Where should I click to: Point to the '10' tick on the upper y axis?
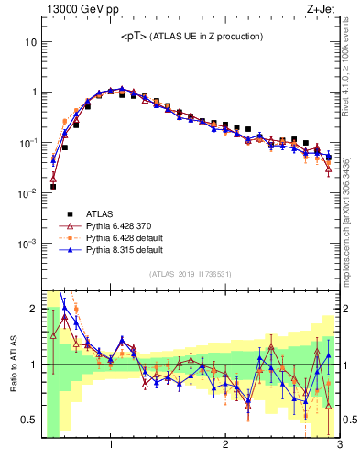pyautogui.click(x=30, y=42)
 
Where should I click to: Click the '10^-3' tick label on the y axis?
pyautogui.click(x=27, y=244)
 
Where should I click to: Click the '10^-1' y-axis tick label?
pyautogui.click(x=27, y=143)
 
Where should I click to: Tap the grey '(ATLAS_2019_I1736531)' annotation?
pyautogui.click(x=190, y=274)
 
